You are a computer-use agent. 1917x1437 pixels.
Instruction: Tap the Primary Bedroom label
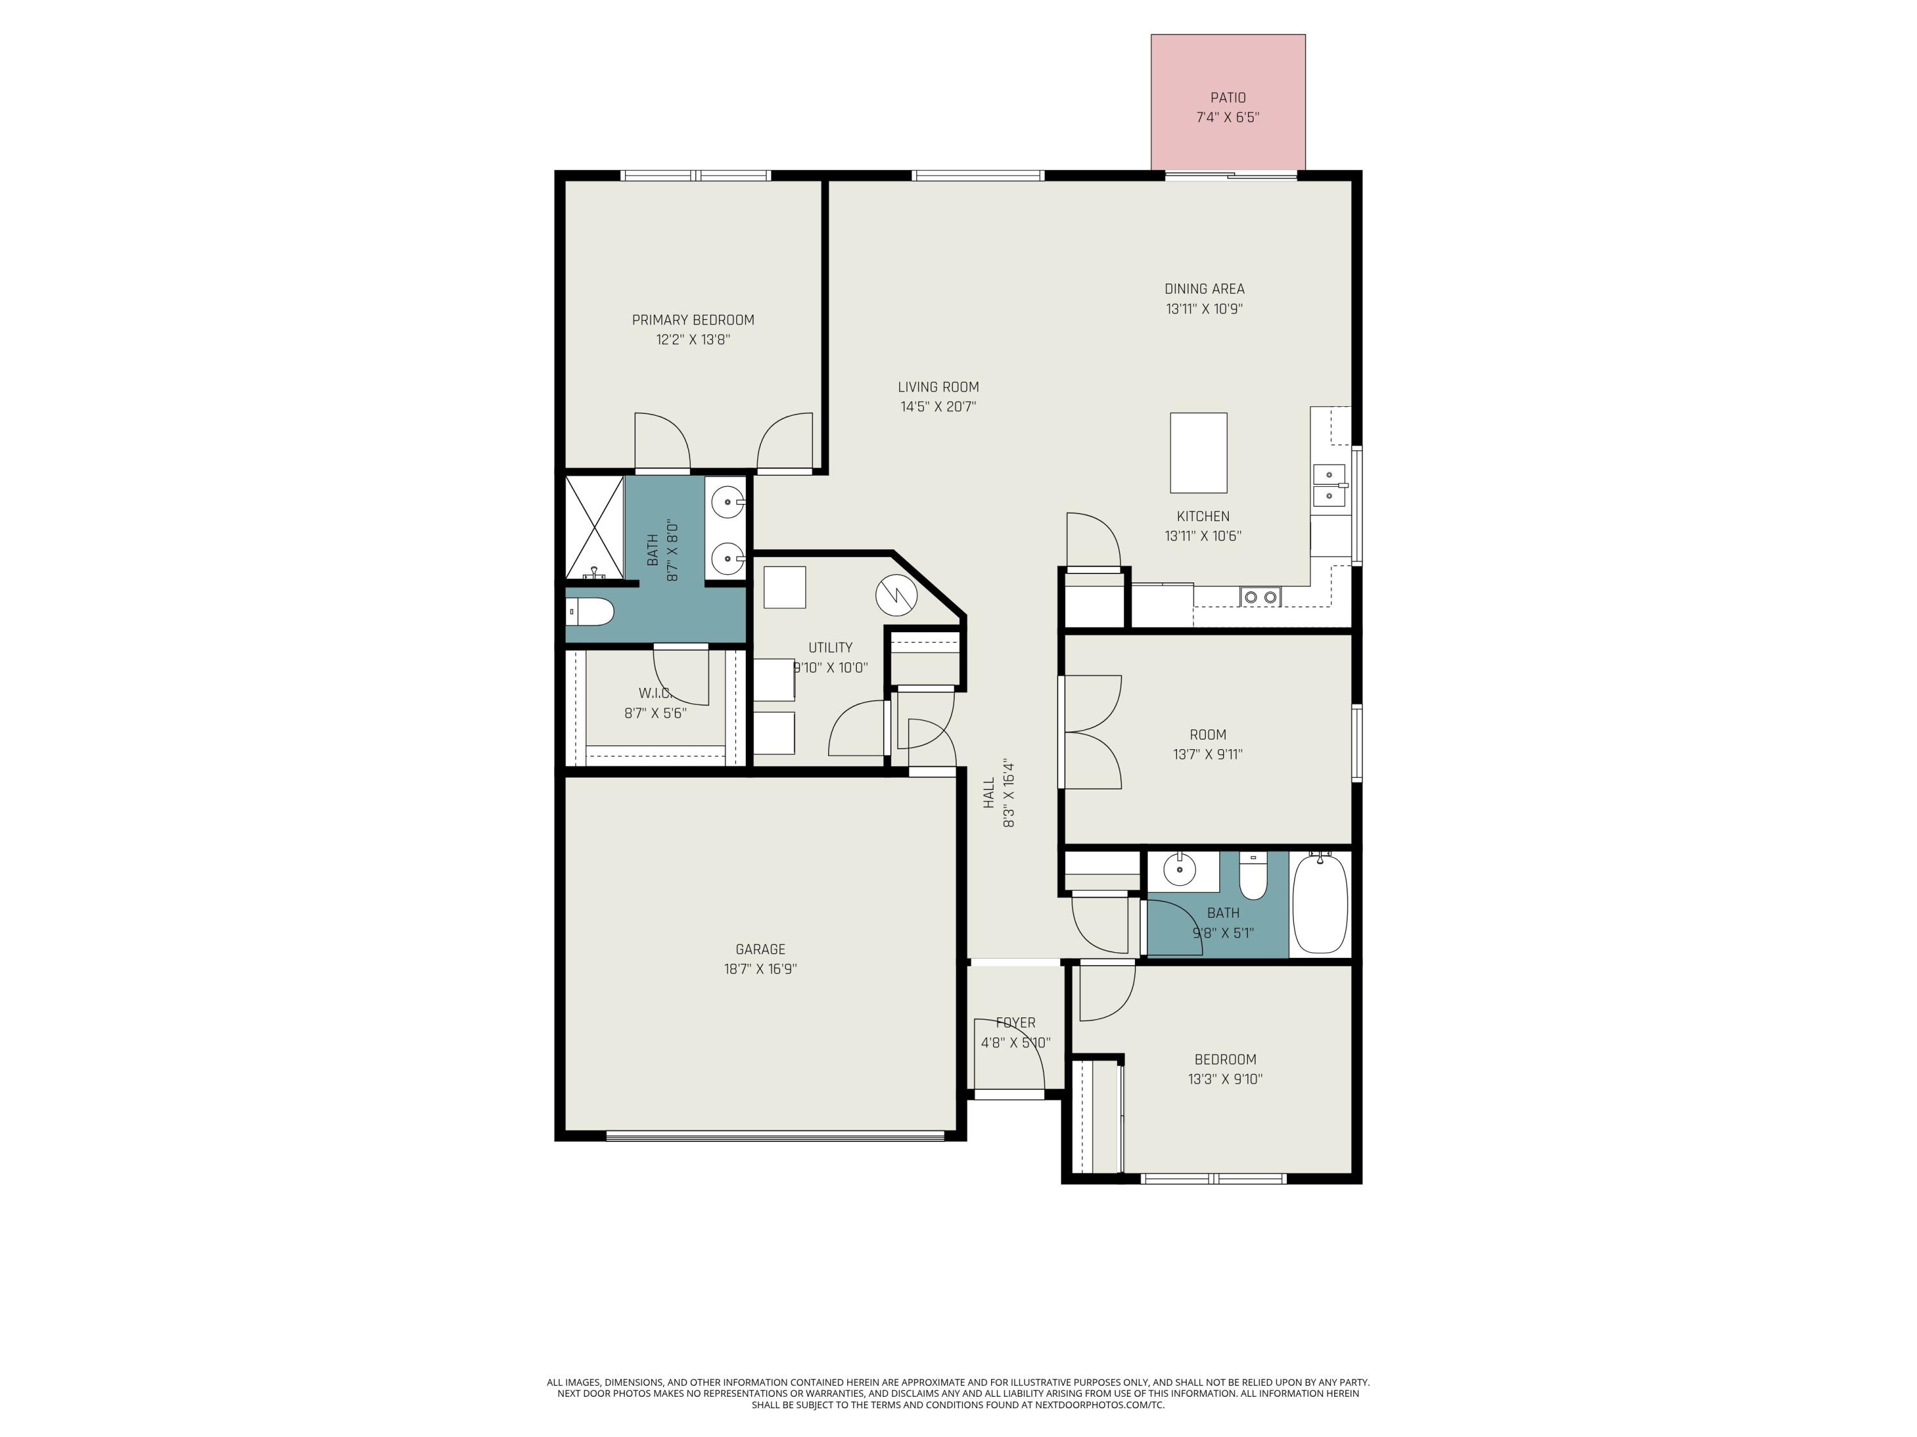693,319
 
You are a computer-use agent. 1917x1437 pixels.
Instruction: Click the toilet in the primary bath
590,612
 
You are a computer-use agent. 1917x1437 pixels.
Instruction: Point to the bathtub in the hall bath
1320,904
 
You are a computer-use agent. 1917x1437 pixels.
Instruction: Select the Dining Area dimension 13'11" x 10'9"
1204,308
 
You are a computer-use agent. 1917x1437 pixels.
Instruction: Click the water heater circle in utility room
896,595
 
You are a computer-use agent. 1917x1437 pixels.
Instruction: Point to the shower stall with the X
594,527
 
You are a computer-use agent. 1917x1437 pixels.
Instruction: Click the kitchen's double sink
1328,485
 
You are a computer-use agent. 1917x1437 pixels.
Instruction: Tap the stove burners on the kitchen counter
1260,596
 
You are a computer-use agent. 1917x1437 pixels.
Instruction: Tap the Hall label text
989,793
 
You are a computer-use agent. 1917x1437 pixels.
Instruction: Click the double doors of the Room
1092,732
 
